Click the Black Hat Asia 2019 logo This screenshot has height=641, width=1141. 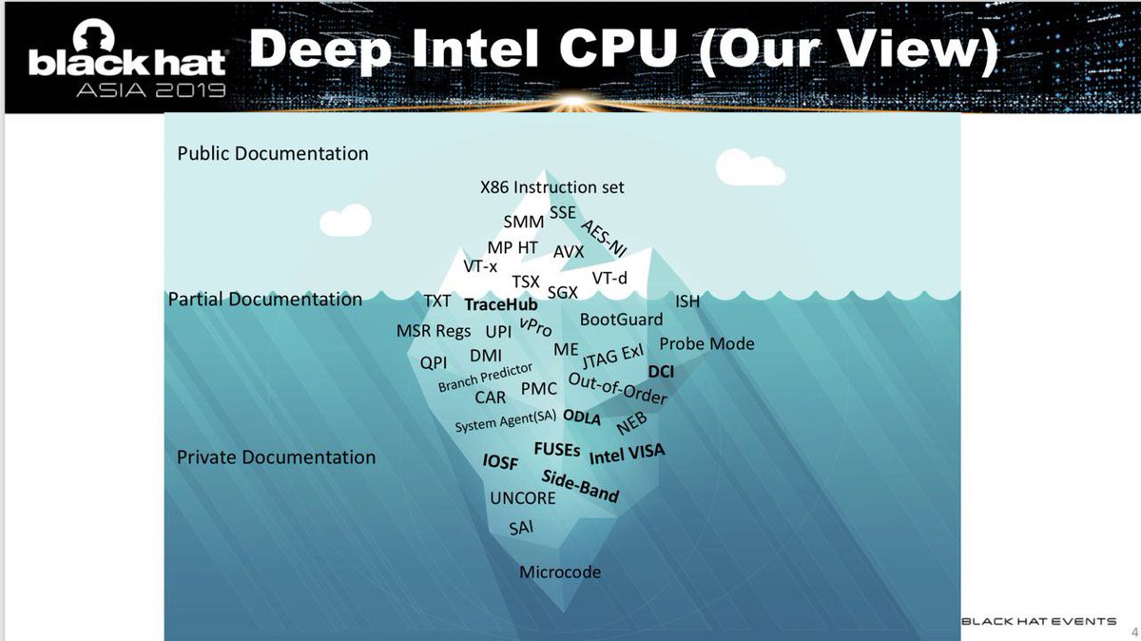pos(126,71)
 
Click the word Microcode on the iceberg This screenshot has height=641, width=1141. pos(560,573)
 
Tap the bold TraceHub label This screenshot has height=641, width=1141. pos(501,305)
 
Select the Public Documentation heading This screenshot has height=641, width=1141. pos(273,153)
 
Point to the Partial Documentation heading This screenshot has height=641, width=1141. pos(265,300)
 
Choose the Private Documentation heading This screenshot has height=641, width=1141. pos(277,457)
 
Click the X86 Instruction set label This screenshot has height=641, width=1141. pos(552,187)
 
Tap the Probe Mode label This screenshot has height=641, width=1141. pos(706,343)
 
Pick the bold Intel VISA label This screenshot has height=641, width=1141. pos(628,454)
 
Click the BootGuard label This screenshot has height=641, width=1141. pos(622,320)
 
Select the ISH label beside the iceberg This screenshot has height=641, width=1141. pos(687,301)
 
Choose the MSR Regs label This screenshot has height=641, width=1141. pos(434,331)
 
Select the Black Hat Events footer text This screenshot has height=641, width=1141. pos(1039,622)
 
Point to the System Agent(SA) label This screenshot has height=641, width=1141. pos(505,421)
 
